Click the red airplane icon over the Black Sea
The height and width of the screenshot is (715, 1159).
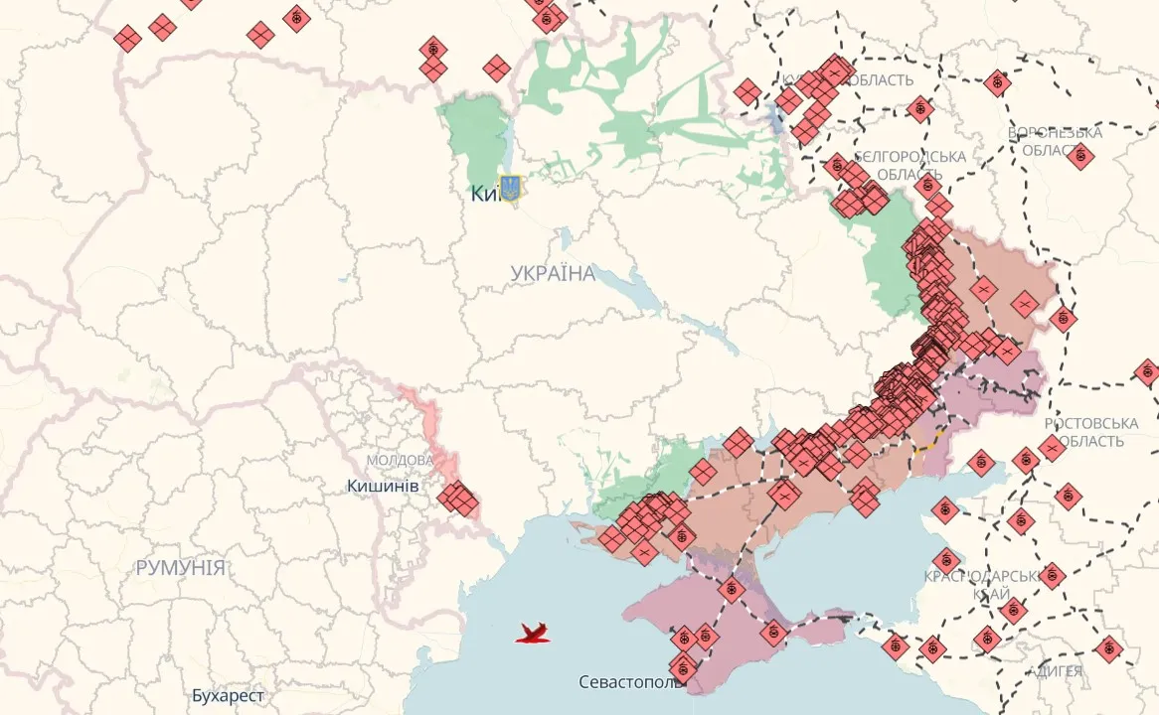(533, 633)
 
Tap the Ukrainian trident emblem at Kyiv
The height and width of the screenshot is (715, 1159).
(510, 188)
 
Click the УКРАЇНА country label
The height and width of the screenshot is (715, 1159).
(553, 273)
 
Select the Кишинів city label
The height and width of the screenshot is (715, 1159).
(383, 486)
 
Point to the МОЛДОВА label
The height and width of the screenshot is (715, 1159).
(399, 461)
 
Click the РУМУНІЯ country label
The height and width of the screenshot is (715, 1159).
(180, 568)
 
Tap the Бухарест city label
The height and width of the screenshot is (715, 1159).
(229, 695)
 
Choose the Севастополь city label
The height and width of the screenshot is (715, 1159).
(631, 683)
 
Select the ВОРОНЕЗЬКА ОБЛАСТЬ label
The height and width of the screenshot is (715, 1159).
(1055, 141)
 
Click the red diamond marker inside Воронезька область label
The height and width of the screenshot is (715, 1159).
(1080, 155)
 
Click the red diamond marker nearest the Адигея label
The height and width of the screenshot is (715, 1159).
(1108, 649)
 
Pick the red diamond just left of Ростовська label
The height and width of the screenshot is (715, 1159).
(1052, 448)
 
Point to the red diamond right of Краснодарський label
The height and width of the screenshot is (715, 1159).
(1052, 575)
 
